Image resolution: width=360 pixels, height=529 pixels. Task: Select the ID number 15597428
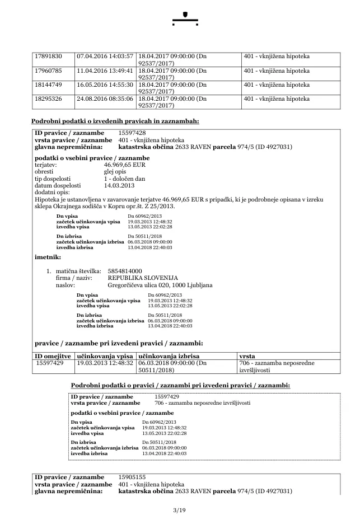click(133, 133)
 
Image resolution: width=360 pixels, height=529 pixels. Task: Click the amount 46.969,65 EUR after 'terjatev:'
click(125, 166)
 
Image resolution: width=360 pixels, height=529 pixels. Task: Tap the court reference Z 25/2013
click(162, 206)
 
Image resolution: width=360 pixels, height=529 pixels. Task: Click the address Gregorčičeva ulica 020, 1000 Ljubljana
click(160, 285)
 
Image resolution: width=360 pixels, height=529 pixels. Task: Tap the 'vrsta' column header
click(247, 356)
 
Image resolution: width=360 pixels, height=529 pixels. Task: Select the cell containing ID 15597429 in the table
click(50, 363)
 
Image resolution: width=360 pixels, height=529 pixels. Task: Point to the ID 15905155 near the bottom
click(133, 477)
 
